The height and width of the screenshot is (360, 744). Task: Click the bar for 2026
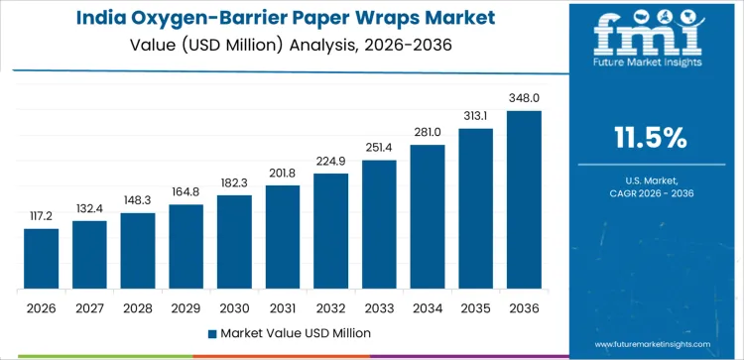[x=42, y=259]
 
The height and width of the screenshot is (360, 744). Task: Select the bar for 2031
[x=283, y=238]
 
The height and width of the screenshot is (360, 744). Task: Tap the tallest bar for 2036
[x=524, y=200]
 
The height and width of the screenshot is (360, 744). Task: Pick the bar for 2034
[x=428, y=217]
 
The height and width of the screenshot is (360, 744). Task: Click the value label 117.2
[x=42, y=215]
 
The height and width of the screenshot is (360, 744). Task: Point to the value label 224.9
[x=331, y=161]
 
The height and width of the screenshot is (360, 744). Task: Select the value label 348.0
[x=524, y=98]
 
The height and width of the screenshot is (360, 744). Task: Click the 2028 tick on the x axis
[x=138, y=307]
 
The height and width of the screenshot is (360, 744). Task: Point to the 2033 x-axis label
[x=379, y=307]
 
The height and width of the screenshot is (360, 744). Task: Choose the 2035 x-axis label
[x=475, y=307]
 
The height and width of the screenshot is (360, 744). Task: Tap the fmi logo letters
[x=651, y=35]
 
